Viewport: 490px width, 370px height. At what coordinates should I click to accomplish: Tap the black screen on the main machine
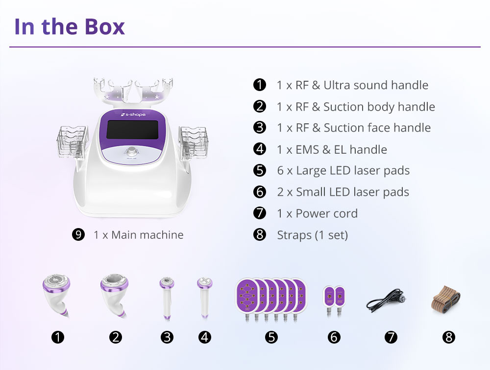tap(132, 130)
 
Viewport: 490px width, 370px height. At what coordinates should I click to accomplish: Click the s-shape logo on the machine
tap(133, 115)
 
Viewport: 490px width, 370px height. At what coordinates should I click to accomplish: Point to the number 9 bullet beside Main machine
tap(78, 234)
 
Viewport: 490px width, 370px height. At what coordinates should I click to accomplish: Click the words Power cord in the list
tap(326, 213)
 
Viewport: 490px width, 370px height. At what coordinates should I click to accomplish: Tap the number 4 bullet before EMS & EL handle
tap(259, 149)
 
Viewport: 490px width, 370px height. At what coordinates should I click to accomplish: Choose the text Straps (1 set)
tap(313, 235)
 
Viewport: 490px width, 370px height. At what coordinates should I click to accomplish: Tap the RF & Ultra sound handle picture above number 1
tap(56, 296)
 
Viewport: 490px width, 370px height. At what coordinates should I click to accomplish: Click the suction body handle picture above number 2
tap(114, 296)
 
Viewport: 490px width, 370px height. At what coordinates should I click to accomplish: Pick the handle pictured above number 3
tap(167, 298)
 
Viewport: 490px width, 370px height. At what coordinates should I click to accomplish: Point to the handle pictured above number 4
tap(205, 298)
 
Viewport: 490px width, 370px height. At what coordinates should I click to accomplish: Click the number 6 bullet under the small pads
tap(334, 337)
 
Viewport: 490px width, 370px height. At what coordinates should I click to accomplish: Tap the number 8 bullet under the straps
tap(449, 337)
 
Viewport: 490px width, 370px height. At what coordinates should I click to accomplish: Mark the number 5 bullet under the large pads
tap(271, 337)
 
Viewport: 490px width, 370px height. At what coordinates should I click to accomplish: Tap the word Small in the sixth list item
tap(311, 192)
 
